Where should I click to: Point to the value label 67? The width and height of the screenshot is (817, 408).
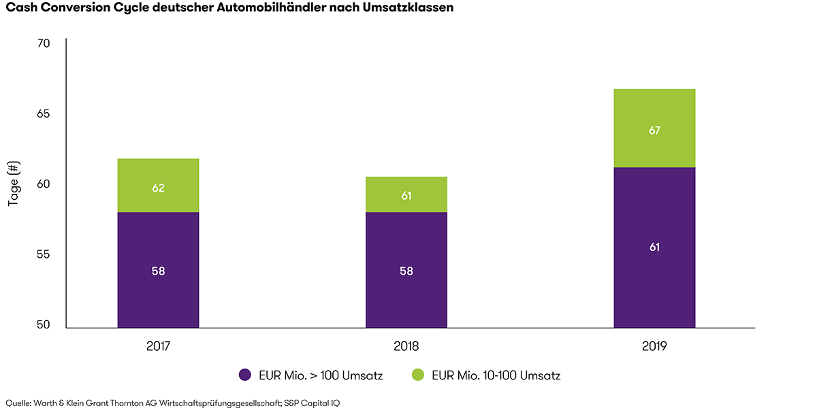654,130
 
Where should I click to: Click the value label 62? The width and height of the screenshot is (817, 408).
158,188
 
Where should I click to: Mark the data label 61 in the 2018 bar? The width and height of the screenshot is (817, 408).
406,196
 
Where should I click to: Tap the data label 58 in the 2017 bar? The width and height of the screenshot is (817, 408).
158,271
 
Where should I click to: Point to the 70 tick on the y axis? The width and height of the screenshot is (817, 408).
44,44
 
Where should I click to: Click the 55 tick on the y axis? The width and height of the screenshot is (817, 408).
44,254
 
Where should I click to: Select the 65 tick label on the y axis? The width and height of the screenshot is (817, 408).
44,114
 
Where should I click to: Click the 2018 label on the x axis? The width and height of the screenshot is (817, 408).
406,345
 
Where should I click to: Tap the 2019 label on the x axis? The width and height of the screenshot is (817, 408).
654,345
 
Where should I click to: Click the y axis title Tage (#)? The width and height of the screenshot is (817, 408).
13,184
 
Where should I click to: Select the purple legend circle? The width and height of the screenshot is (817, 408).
246,375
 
